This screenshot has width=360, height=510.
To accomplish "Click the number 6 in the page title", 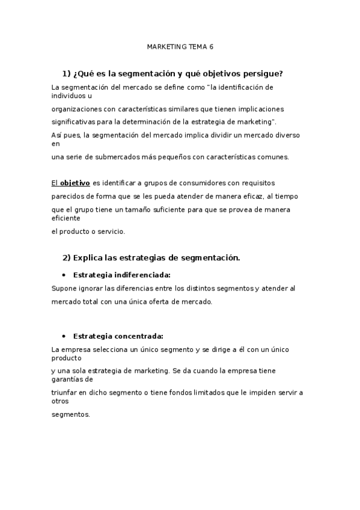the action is tap(211, 46).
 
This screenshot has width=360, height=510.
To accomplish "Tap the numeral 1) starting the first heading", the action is tap(66, 74).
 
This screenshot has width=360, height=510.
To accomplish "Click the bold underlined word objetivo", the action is tap(75, 182).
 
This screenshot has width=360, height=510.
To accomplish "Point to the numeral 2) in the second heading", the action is tap(66, 258).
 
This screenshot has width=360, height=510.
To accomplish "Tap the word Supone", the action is tap(63, 289).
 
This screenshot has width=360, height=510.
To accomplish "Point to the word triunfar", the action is tap(65, 393).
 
